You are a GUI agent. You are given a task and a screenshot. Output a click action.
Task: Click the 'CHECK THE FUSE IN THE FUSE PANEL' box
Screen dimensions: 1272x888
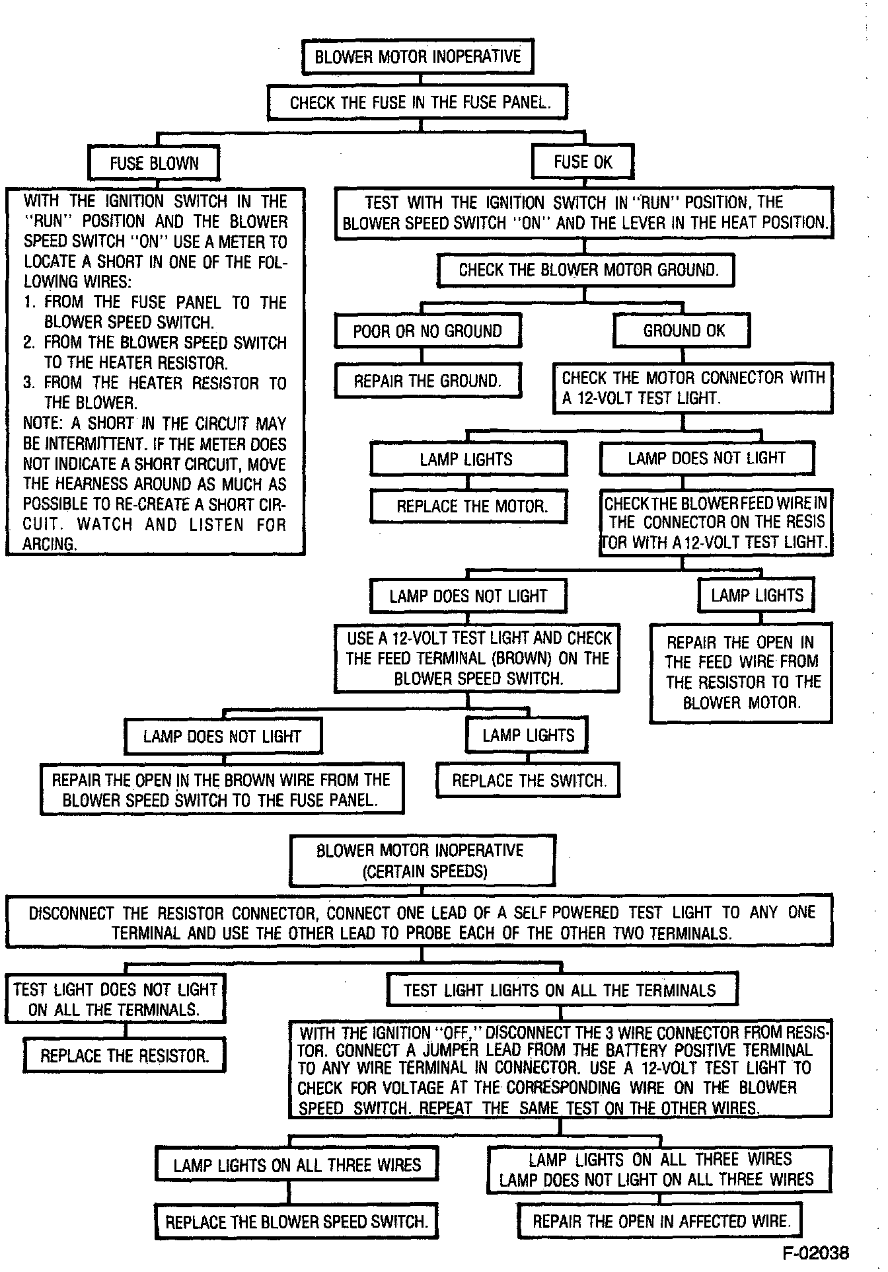420,102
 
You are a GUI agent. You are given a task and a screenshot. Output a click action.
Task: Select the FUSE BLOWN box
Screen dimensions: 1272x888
154,163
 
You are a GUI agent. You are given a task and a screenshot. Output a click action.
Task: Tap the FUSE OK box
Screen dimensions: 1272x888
583,162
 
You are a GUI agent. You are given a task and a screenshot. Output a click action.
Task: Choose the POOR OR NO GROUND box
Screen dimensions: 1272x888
427,331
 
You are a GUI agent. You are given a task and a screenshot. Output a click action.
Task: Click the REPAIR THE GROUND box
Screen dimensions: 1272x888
427,381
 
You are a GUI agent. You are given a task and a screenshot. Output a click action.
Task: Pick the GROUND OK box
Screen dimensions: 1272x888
683,330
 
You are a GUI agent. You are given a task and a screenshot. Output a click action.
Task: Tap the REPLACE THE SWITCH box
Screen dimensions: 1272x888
529,781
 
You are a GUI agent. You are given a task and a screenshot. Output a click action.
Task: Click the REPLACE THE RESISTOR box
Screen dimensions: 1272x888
124,1055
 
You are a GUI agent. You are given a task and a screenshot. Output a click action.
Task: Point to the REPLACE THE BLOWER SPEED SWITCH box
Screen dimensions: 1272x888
297,1222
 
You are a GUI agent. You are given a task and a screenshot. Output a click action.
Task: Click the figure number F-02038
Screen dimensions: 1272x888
816,1253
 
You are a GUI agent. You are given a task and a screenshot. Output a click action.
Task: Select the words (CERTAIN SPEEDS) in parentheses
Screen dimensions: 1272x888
425,871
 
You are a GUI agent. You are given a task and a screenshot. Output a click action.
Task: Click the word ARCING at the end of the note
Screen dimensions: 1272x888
49,545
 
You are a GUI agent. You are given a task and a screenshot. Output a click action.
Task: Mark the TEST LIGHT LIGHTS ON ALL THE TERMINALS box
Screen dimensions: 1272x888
560,990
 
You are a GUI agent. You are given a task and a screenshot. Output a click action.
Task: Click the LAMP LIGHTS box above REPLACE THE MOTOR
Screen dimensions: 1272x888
466,459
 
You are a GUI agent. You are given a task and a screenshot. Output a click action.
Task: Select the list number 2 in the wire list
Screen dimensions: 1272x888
28,342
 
